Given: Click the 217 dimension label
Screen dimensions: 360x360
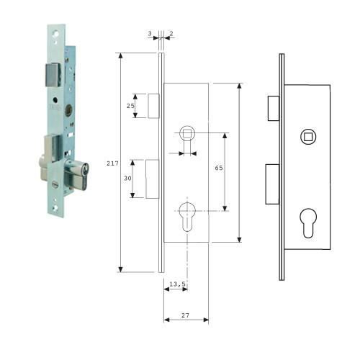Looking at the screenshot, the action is click(112, 163).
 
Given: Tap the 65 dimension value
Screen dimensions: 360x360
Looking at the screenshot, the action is click(219, 168).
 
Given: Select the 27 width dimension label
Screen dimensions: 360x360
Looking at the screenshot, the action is click(185, 315).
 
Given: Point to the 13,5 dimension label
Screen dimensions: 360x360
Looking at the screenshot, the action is click(177, 284).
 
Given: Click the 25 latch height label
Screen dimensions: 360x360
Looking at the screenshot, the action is click(130, 106).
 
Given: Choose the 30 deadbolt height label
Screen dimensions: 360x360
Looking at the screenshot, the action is click(127, 178).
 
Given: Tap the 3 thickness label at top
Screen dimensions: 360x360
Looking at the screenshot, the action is click(150, 33).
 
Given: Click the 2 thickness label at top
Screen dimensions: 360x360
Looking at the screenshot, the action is click(171, 33).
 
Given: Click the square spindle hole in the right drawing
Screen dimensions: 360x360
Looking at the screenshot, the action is click(308, 137).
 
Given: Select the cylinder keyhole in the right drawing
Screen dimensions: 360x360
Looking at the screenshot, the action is click(308, 223).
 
